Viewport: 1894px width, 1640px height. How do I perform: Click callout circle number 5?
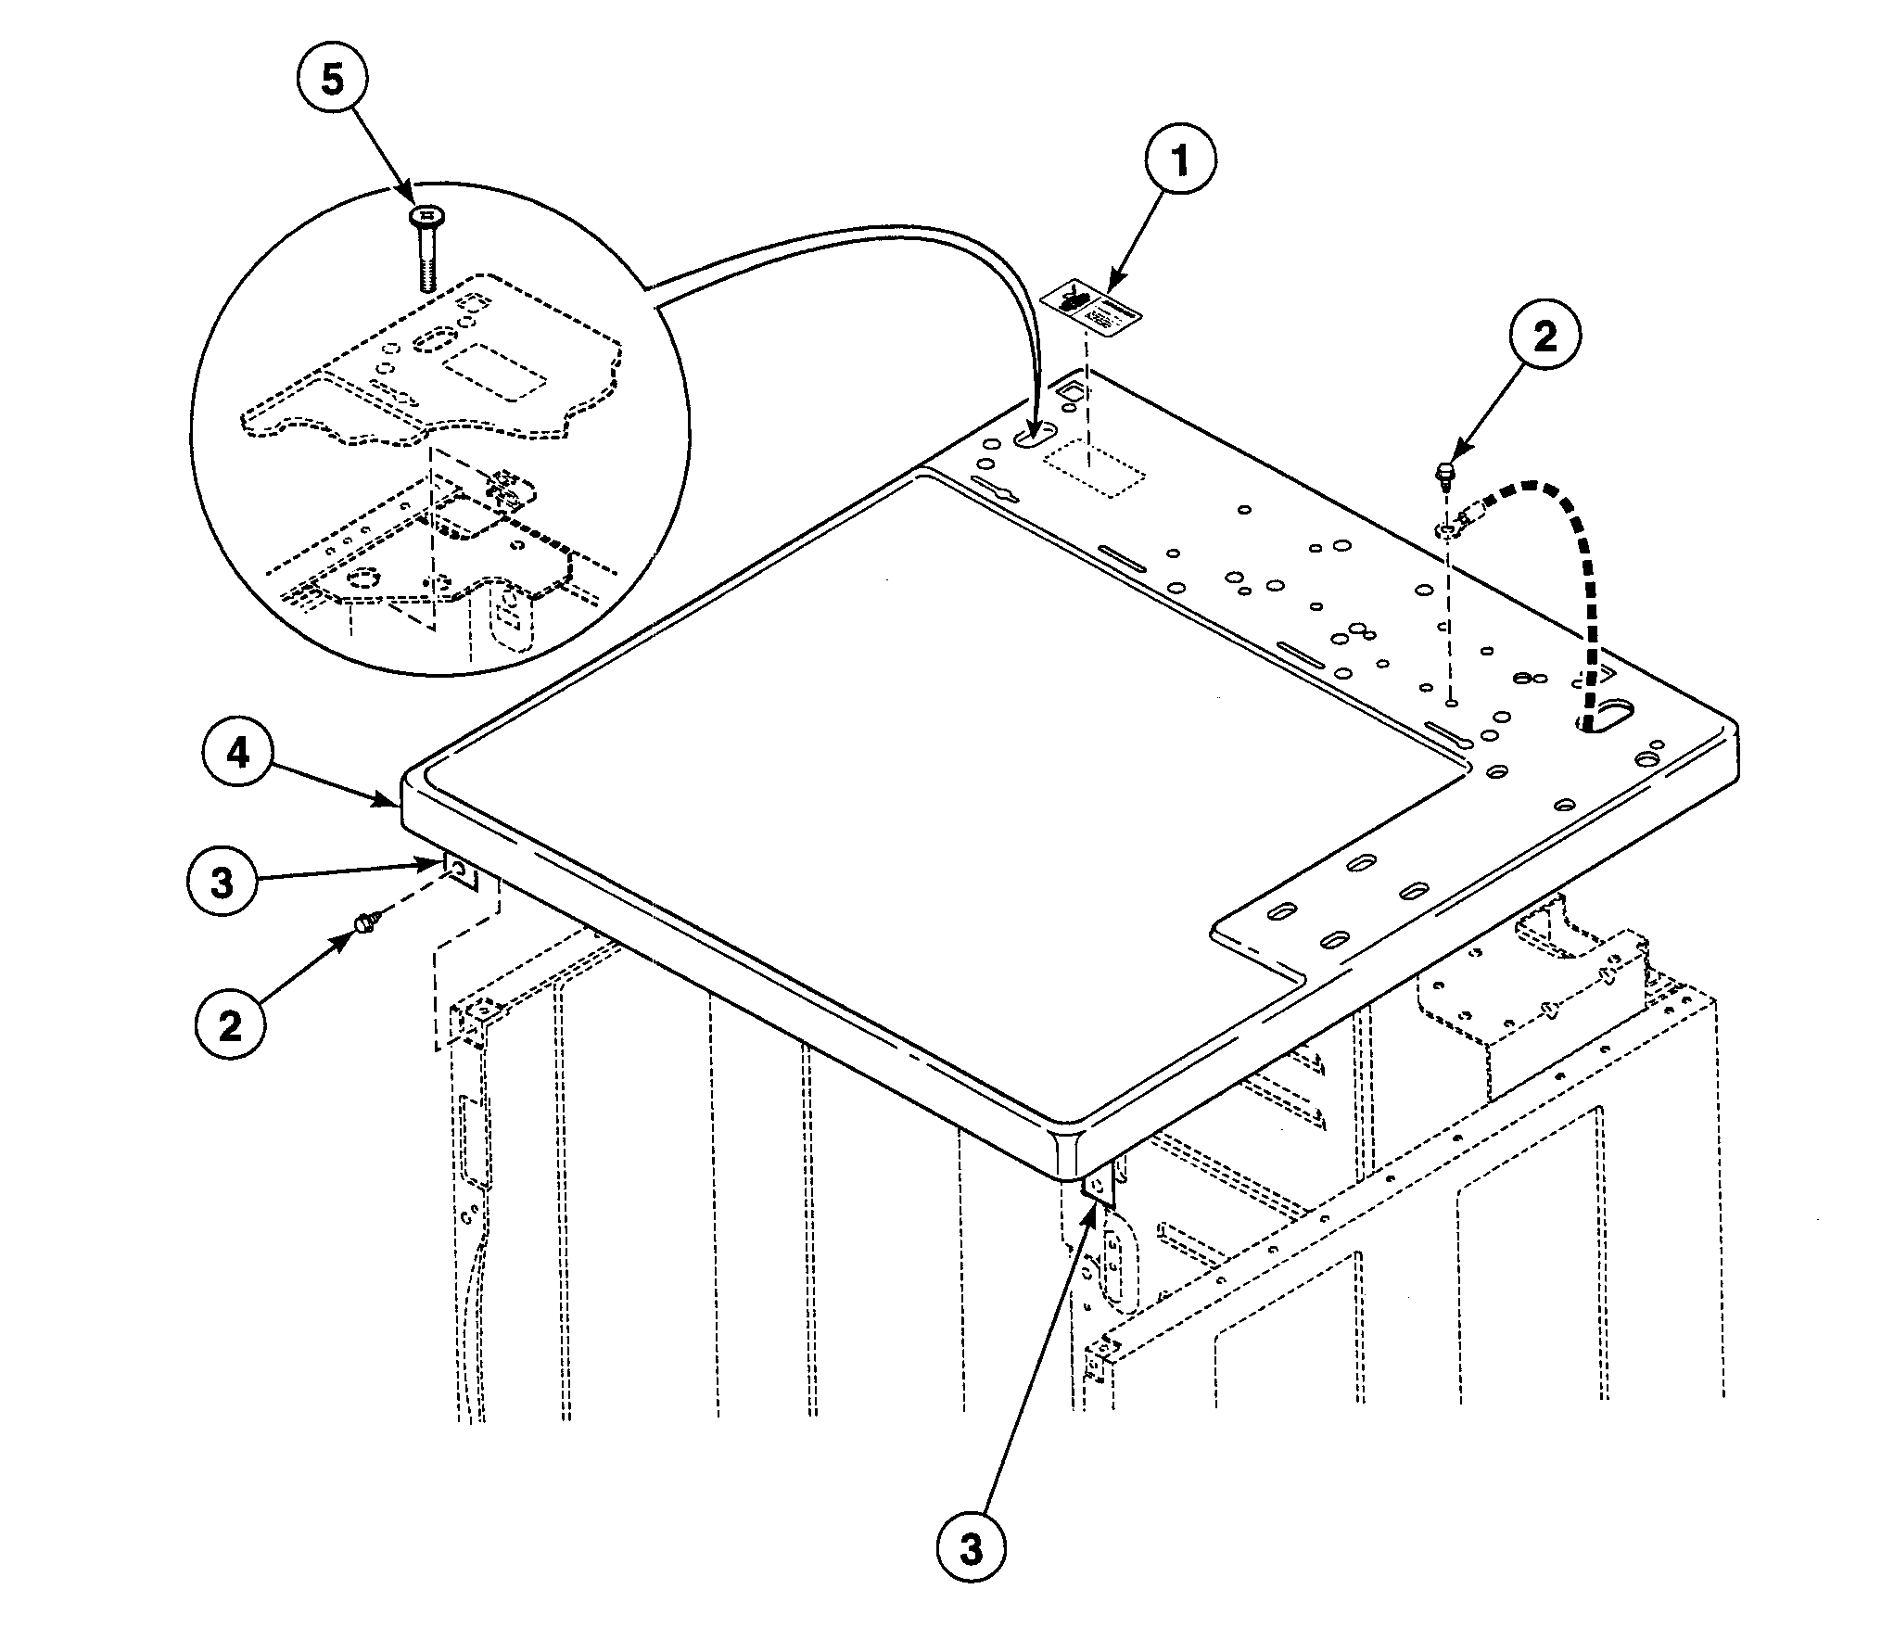(332, 80)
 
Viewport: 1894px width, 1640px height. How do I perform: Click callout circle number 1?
(1180, 161)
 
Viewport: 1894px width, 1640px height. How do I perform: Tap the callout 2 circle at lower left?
(230, 1026)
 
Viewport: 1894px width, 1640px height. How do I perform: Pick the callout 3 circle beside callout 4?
(223, 883)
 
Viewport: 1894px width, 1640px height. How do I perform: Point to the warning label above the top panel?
(1091, 312)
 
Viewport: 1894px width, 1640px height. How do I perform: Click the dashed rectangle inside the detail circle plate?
(492, 371)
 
